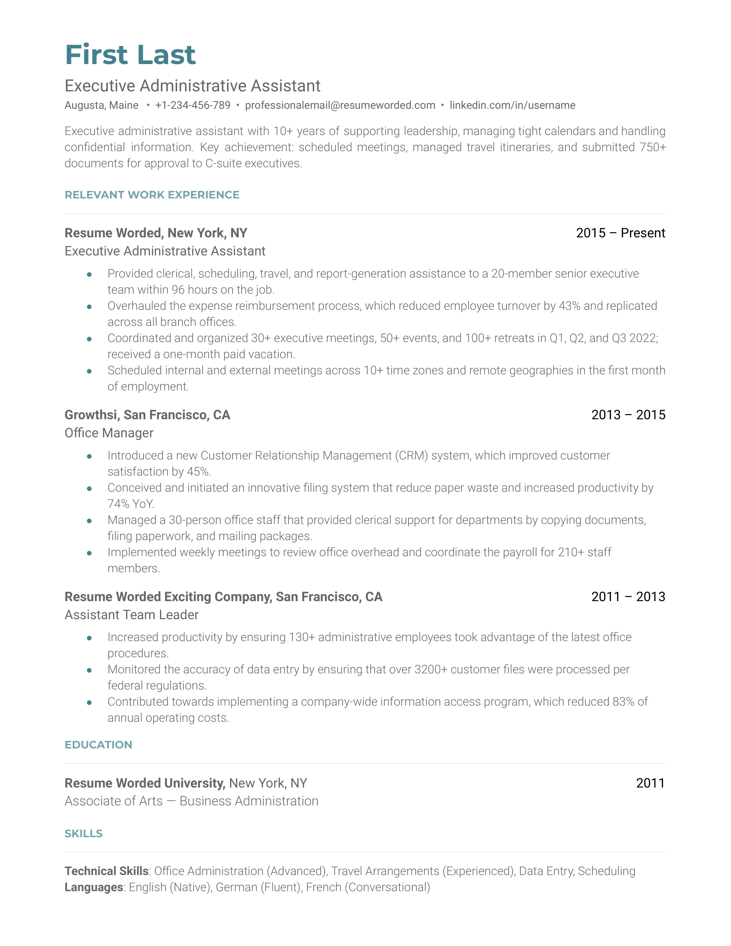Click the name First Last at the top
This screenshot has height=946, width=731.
point(130,55)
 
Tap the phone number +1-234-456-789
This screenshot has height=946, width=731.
point(193,105)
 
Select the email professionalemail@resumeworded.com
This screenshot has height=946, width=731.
point(340,105)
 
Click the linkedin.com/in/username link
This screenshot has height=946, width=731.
point(512,105)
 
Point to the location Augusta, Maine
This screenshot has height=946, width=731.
point(101,105)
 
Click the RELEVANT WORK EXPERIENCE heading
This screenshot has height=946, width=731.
point(151,195)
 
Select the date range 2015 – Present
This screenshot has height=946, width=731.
point(620,233)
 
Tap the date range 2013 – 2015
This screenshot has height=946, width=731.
point(628,415)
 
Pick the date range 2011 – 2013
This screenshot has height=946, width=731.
point(628,597)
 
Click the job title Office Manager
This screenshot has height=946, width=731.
point(109,433)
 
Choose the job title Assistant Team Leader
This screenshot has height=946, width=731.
point(131,615)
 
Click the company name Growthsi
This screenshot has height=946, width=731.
point(91,415)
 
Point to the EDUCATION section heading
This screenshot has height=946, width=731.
point(98,745)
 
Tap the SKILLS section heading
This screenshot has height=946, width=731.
point(83,834)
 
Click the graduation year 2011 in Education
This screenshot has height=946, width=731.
point(650,783)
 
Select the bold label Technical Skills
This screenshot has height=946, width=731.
point(107,871)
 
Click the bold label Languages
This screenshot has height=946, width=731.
point(94,888)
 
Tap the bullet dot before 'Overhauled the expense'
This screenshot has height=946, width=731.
point(89,307)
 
